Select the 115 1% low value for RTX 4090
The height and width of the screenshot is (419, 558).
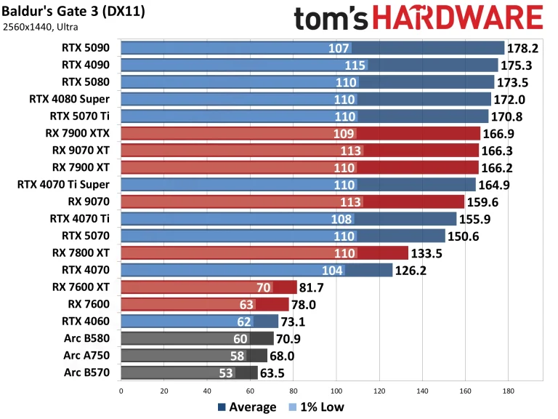click(355, 65)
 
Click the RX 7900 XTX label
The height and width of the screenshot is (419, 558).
click(80, 132)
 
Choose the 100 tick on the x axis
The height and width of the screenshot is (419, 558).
click(336, 390)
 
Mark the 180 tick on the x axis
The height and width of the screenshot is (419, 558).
click(508, 390)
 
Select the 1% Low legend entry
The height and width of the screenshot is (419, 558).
click(317, 407)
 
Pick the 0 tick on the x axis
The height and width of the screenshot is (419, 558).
click(121, 390)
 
